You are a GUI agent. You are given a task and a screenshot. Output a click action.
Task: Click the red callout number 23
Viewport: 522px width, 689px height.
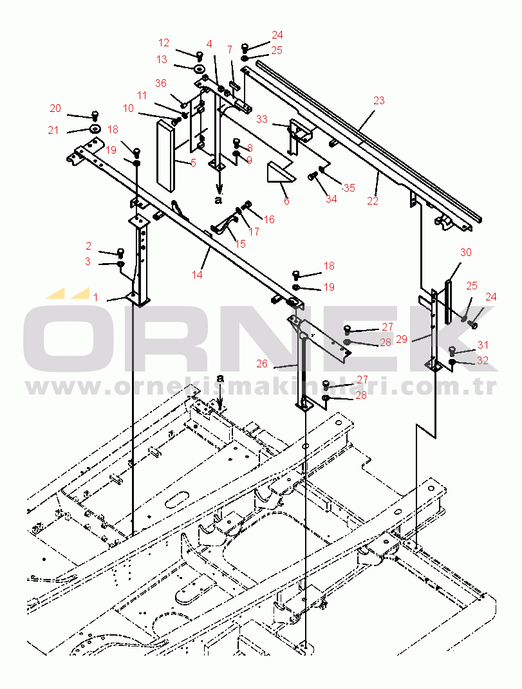coord(378,100)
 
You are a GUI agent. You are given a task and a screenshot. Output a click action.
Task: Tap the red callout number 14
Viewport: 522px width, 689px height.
coord(196,275)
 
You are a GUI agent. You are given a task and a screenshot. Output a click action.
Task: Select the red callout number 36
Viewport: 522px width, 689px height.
coord(160,83)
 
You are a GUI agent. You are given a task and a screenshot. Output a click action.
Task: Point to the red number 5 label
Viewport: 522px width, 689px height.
coord(194,163)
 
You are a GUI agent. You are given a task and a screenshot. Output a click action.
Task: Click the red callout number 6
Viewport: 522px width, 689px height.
coord(286,201)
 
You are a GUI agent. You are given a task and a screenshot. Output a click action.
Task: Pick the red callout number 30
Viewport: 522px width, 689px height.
coord(466,252)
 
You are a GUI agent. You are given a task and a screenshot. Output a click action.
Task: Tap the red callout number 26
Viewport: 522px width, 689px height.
coord(262,363)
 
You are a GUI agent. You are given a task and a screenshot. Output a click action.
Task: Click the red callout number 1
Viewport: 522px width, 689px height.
coord(95,297)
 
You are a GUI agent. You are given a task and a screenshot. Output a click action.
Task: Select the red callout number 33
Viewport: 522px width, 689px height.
coord(262,119)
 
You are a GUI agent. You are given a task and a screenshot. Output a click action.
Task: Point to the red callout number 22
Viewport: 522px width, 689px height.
coord(373,201)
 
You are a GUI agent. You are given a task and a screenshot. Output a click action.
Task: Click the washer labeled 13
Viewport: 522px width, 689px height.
coord(200,69)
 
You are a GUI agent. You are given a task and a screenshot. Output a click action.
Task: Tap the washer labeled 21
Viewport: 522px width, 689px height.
coord(95,129)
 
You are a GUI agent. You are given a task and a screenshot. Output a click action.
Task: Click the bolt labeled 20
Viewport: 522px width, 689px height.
coord(94,116)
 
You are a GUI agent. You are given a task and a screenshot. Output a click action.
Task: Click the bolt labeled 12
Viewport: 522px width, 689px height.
coord(200,55)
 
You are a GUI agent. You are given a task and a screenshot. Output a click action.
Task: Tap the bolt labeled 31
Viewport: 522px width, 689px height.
coord(452,351)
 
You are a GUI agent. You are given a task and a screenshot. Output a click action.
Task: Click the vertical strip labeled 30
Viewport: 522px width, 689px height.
coord(448,302)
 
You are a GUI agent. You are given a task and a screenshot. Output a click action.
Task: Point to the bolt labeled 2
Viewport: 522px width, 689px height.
coord(120,252)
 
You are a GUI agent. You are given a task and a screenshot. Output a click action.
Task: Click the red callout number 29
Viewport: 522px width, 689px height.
coord(402,339)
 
